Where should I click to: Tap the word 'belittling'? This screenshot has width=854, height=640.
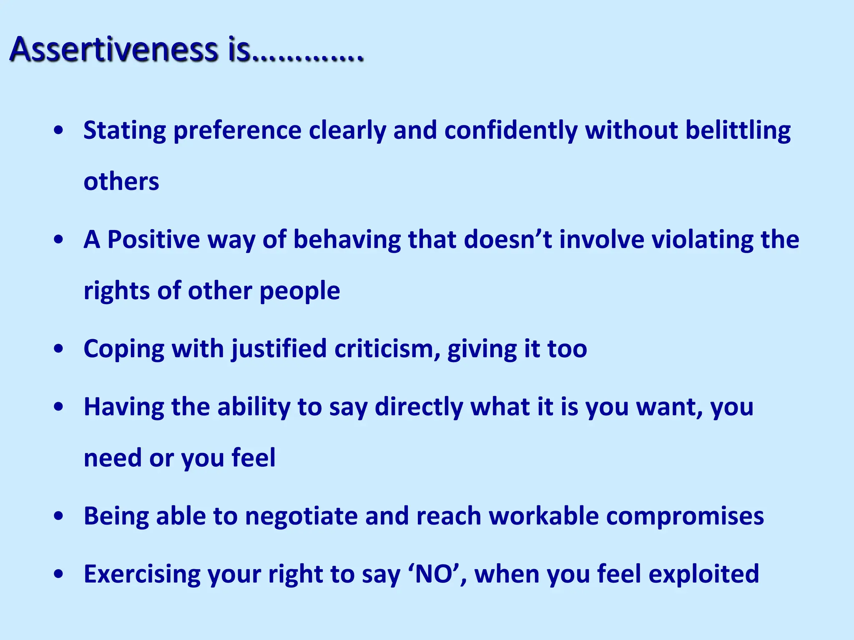click(x=738, y=130)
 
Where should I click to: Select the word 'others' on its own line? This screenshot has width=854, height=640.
click(x=121, y=182)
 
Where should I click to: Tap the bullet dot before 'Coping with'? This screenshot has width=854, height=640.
click(x=59, y=349)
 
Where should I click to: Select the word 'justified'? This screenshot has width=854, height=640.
click(x=279, y=349)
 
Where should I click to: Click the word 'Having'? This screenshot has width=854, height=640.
click(x=124, y=407)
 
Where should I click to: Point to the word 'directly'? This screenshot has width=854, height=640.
click(x=419, y=407)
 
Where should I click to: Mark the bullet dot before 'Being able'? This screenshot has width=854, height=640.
click(x=59, y=516)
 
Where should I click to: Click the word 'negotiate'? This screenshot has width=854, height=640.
click(x=301, y=516)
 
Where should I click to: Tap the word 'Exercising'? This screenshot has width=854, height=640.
click(x=142, y=574)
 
